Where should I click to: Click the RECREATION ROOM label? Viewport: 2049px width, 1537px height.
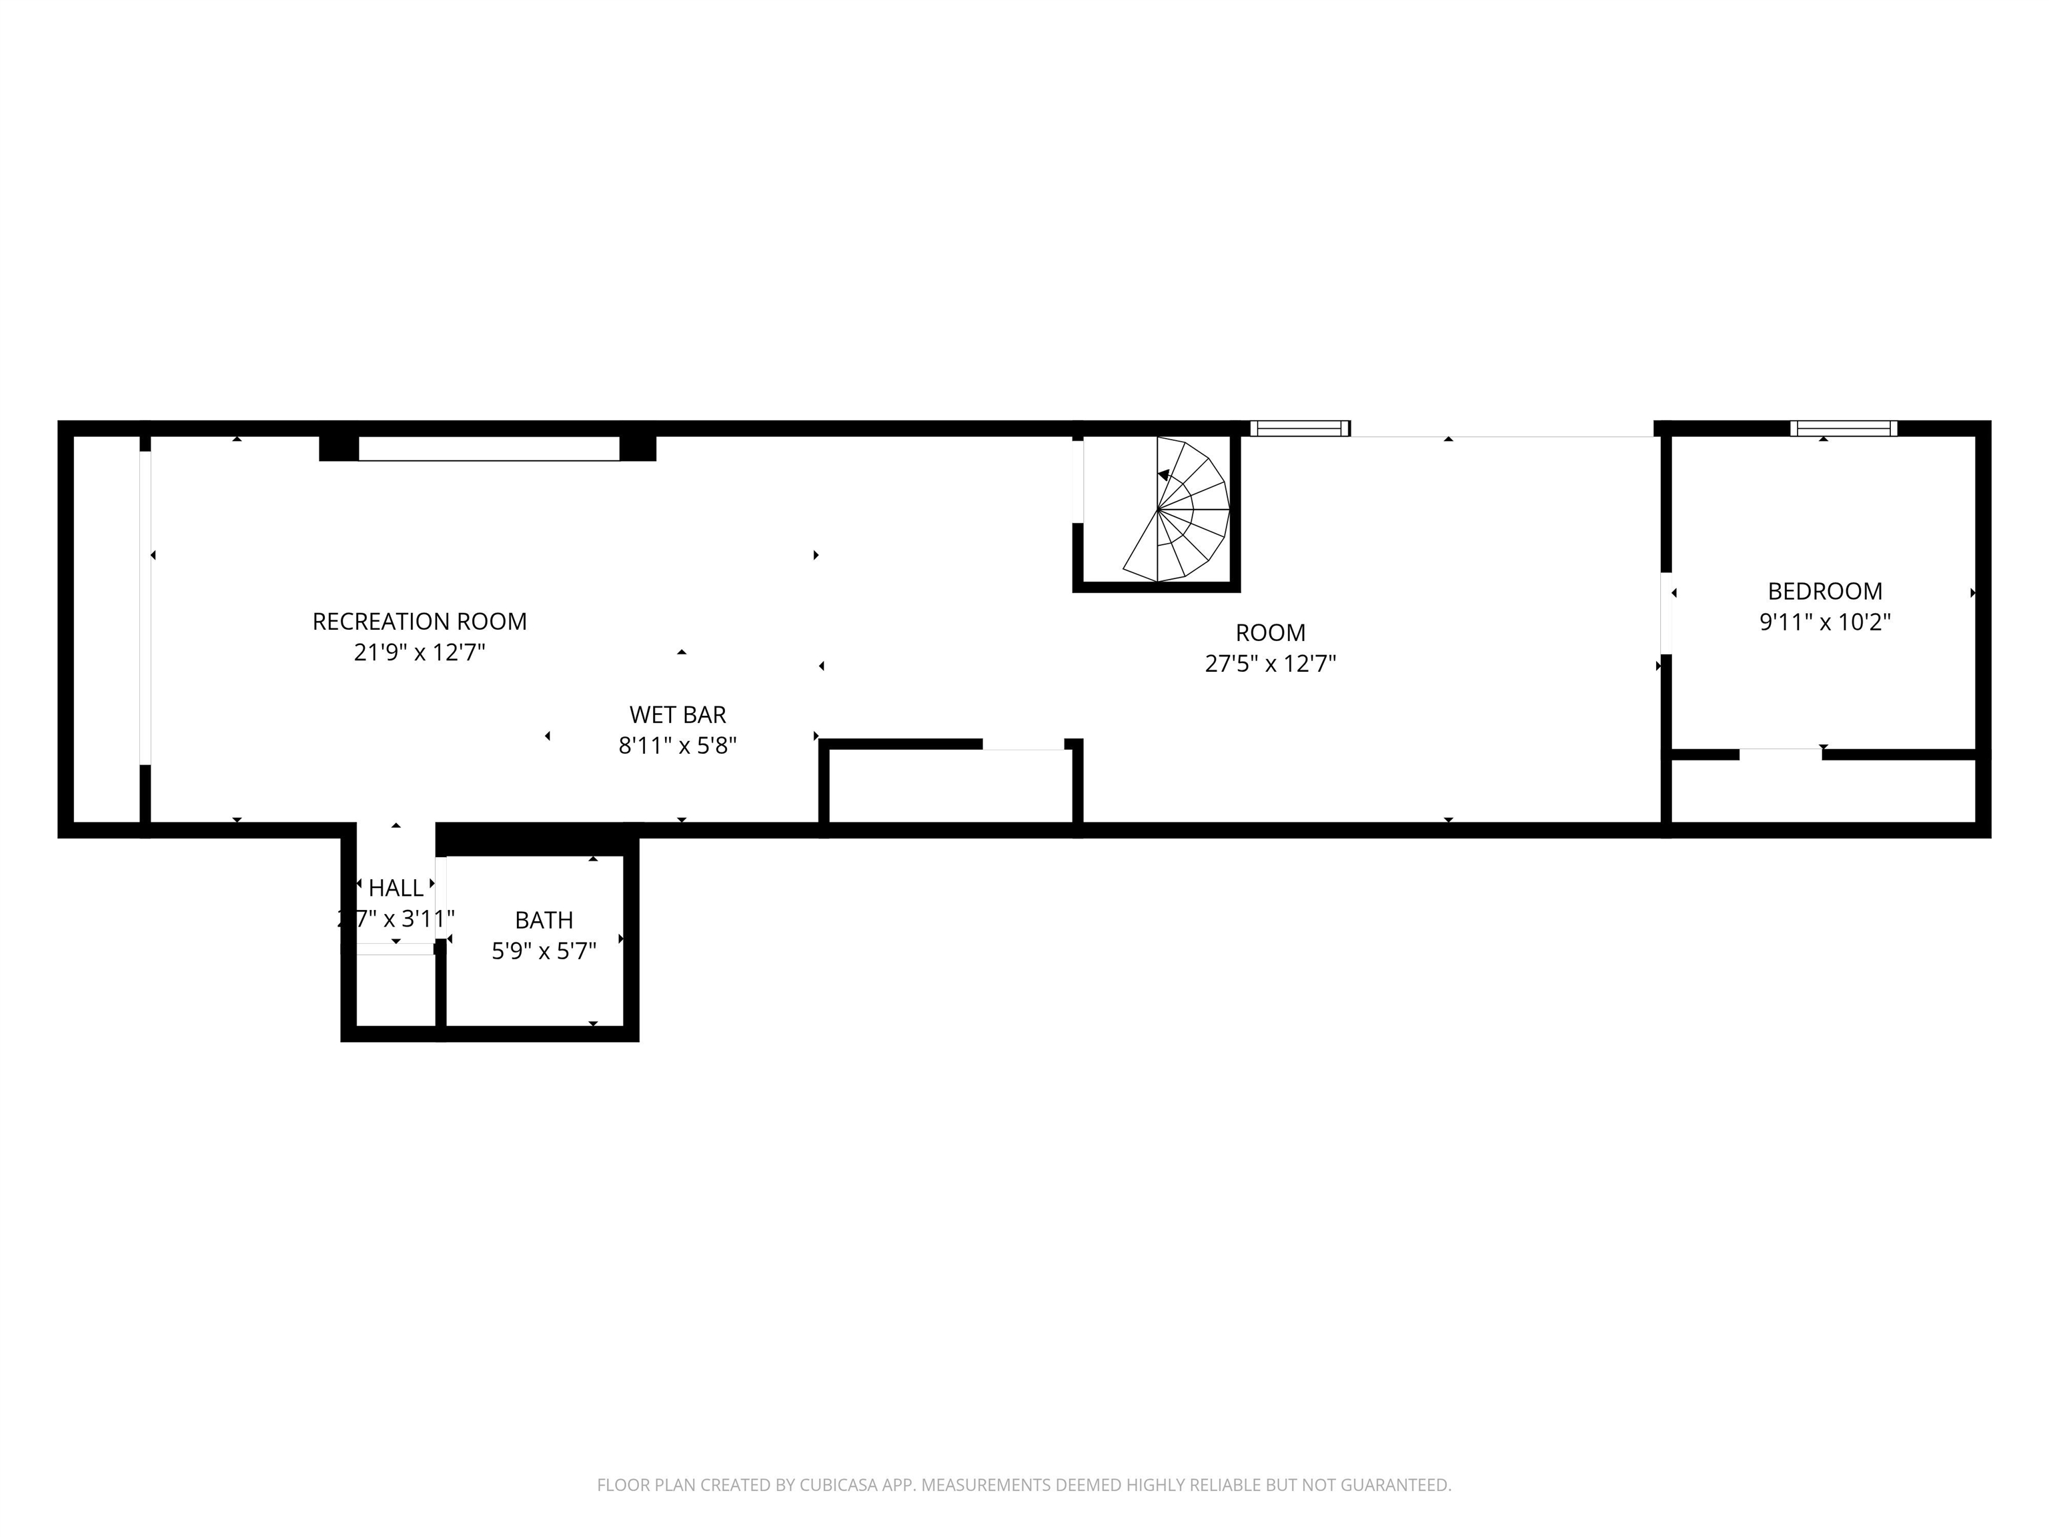[419, 622]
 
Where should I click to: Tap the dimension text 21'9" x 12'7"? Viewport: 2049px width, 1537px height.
[419, 653]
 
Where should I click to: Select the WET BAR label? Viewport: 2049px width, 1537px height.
[677, 715]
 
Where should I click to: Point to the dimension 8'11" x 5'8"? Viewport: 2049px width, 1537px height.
[677, 746]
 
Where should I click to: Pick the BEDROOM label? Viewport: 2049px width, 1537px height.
[1824, 591]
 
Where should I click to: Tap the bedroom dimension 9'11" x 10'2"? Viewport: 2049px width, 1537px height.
[1824, 622]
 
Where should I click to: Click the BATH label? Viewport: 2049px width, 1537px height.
[544, 920]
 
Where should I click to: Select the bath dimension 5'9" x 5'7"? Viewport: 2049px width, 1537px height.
[544, 951]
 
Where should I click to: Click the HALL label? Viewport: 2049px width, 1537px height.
[396, 889]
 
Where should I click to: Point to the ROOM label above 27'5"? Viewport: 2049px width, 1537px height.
[1270, 633]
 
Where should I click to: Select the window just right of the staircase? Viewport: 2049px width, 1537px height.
[1299, 428]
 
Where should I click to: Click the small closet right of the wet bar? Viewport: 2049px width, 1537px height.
[950, 786]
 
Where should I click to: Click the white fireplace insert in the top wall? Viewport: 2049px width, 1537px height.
[488, 448]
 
